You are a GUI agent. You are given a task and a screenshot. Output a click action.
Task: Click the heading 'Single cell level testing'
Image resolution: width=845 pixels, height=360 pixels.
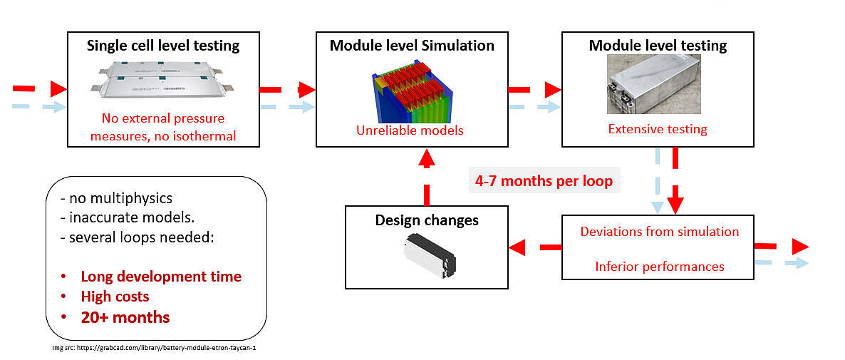point(163,46)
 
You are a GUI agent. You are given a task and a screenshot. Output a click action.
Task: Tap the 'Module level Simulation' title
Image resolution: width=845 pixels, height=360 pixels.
point(412,46)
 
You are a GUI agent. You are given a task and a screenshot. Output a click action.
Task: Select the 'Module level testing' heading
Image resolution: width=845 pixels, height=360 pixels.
point(658,46)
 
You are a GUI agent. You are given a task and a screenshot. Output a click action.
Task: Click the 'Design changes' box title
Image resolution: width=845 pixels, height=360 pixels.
point(426,220)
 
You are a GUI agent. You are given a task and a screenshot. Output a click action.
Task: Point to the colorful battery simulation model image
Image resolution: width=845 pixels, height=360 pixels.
point(413,91)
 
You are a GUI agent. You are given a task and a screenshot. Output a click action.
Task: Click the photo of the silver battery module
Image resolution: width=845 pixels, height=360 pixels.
point(654,83)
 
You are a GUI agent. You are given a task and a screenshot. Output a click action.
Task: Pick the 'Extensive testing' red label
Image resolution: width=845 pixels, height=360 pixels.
point(658,129)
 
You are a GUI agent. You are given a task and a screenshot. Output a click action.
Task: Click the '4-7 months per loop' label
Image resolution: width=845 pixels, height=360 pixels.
point(544,181)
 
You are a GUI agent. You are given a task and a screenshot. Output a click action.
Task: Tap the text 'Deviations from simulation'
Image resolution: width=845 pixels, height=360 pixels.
point(659,232)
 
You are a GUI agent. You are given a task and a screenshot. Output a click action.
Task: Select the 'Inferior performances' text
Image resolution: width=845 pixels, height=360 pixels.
point(659,266)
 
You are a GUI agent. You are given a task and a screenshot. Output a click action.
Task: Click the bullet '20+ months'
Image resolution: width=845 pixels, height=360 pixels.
point(125,317)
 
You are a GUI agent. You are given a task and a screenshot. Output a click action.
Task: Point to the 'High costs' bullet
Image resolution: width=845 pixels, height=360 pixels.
point(115,297)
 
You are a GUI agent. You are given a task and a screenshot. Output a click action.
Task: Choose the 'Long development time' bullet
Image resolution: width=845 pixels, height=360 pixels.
point(161,277)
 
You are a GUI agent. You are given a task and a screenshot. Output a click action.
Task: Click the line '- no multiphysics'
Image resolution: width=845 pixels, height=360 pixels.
point(117,198)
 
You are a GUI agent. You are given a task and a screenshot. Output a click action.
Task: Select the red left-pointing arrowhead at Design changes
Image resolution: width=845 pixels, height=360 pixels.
point(517,247)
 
